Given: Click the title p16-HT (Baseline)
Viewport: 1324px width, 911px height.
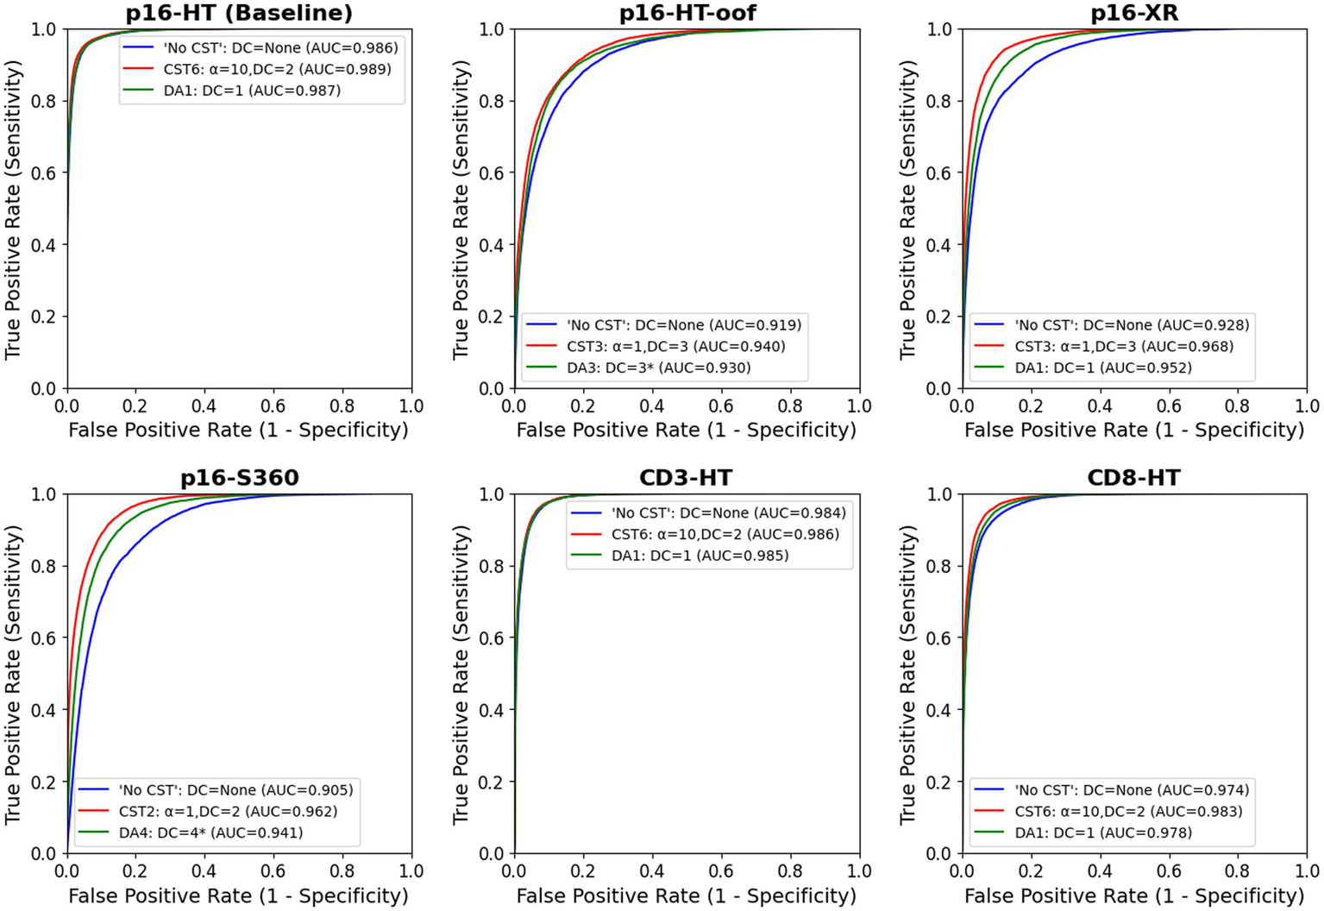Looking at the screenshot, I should coord(239,13).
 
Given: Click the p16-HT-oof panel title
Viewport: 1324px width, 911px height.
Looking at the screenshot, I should coord(687,13).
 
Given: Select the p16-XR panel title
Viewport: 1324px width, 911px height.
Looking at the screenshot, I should coord(1134,13).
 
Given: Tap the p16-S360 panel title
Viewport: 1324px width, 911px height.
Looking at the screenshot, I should coord(239,478).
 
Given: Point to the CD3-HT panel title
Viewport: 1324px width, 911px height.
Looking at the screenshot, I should coord(687,478).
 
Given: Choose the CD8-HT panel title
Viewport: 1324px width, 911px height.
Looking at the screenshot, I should coord(1134,478).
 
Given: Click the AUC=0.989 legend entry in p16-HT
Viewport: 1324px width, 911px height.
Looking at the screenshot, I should coord(277,69).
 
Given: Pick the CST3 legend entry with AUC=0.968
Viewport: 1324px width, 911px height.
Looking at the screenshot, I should coord(1123,346).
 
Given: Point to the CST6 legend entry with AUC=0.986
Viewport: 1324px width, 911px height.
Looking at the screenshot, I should coord(725,534).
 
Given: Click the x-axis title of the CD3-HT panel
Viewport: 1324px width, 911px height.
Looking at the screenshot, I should coord(687,895).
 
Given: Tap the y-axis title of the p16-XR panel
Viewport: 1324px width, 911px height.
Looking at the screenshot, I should coord(907,209).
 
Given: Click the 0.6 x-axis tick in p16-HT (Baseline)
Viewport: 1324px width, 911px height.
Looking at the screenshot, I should coord(273,405).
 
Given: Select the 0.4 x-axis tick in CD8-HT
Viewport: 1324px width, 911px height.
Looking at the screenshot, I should coord(1100,871).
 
